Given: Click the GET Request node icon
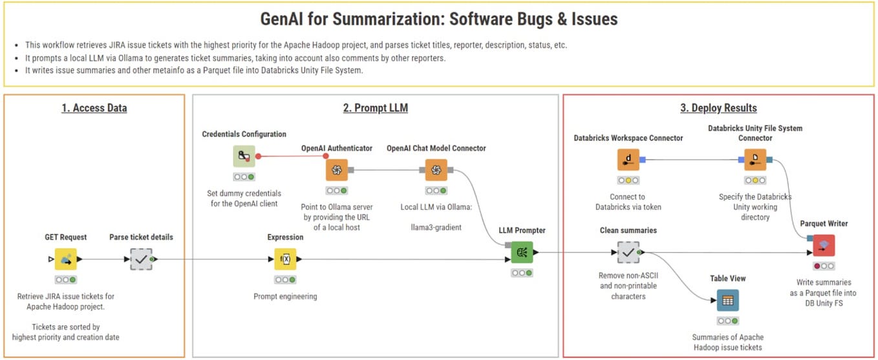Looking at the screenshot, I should [65, 259].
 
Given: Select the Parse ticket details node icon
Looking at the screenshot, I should [140, 259].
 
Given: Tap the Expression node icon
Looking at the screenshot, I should [285, 259].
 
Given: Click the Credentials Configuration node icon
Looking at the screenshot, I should [244, 156].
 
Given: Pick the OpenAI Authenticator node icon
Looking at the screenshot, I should [336, 170].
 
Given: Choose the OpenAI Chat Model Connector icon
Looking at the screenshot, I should [436, 170].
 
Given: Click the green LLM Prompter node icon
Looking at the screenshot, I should [522, 252].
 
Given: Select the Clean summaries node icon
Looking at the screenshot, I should [628, 252].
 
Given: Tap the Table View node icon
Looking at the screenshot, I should [727, 300].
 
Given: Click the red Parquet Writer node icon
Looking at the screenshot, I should [824, 246].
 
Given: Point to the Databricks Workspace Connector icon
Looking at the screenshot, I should [628, 160].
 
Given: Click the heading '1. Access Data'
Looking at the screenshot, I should [94, 108].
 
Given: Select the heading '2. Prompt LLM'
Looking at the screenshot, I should [375, 108].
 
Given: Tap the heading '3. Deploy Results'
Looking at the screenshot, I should [718, 108].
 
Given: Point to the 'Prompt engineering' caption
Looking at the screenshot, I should [285, 297].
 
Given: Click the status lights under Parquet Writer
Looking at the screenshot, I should [824, 266].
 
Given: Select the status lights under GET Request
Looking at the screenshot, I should [65, 279].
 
